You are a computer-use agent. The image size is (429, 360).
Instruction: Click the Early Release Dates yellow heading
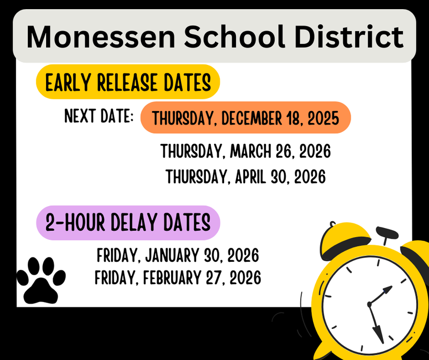pos(128,83)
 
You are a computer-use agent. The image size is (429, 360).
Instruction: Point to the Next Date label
pos(99,116)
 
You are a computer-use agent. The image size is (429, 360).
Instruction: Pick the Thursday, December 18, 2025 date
pos(245,117)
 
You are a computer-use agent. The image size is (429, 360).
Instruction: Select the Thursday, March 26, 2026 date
pos(245,151)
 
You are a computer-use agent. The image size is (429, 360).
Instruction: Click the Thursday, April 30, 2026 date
pos(245,176)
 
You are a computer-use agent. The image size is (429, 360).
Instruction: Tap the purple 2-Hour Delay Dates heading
pos(128,222)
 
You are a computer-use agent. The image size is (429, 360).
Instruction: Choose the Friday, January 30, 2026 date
pos(177,254)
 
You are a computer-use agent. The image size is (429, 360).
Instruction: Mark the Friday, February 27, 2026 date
pos(177,278)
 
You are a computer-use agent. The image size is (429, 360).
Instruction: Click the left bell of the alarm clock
pos(345,238)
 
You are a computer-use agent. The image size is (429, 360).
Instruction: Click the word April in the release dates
pos(251,176)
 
